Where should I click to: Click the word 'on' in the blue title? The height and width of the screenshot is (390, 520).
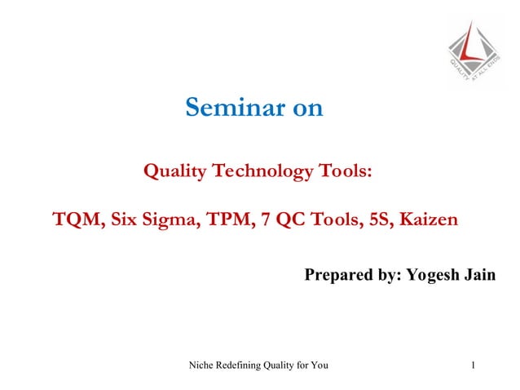click(307, 108)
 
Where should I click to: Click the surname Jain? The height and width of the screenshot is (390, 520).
click(479, 275)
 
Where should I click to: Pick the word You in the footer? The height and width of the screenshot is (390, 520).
click(319, 365)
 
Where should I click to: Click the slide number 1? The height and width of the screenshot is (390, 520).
click(474, 365)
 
